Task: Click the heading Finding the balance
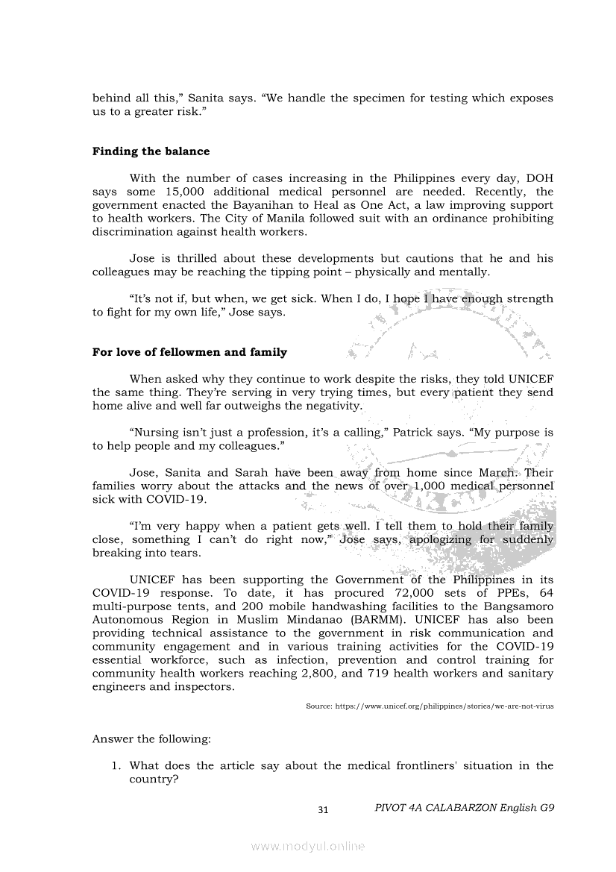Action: pos(151,151)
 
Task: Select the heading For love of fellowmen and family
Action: pos(189,352)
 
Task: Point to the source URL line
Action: pos(430,706)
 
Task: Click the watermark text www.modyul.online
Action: pos(308,847)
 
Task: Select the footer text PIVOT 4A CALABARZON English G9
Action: pos(465,808)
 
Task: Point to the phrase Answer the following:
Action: pos(151,739)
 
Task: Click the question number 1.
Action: pos(116,765)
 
